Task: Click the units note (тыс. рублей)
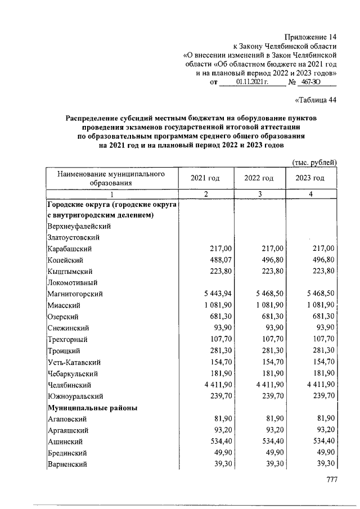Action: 314,163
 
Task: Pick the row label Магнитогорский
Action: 75,294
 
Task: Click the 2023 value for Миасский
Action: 318,305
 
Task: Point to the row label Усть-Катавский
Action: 74,362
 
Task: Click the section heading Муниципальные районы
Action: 92,407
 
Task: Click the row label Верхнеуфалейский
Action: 78,226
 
